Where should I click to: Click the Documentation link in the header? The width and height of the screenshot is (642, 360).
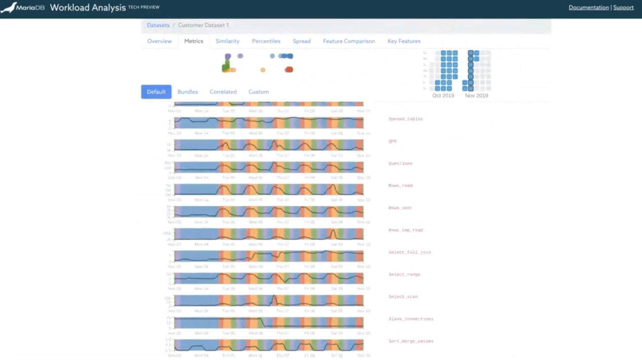tap(588, 7)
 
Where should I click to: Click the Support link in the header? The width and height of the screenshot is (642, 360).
tap(623, 7)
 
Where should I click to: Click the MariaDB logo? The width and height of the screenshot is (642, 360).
tap(23, 7)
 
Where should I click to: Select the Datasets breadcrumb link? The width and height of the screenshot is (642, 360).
tap(158, 25)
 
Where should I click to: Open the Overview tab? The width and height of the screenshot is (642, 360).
tap(159, 41)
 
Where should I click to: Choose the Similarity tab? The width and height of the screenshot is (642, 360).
tap(227, 41)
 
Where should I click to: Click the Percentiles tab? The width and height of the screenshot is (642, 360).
tap(266, 41)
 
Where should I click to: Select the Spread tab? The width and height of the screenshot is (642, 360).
tap(302, 41)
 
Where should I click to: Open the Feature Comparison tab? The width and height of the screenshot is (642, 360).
tap(349, 41)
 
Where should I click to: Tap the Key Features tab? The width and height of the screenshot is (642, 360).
tap(404, 41)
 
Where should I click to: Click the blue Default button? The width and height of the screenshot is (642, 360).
tap(156, 92)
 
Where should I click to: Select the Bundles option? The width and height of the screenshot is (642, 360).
tap(188, 92)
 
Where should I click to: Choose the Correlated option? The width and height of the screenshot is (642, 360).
tap(223, 92)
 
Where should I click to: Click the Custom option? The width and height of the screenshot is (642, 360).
tap(259, 92)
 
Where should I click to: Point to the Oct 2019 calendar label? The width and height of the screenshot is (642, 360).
tap(443, 96)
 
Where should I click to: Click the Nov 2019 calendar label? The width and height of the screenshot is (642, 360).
tap(476, 96)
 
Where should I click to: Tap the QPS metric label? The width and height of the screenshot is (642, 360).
tap(392, 141)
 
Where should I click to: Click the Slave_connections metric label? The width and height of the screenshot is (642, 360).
tap(411, 319)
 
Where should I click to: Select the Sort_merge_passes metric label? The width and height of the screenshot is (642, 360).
tap(411, 341)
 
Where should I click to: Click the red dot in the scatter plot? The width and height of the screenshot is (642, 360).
tap(289, 70)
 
